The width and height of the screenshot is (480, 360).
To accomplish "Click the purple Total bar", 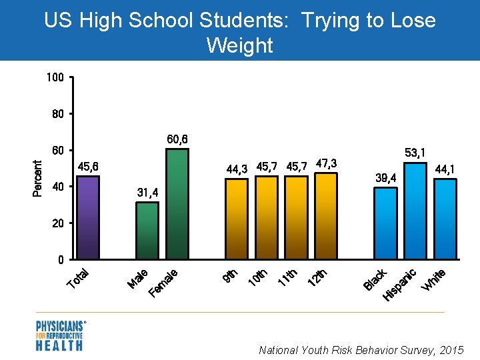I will point(89,217).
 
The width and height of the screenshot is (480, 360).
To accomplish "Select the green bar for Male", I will point(147,231).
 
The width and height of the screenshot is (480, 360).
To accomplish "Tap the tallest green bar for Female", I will point(177,204).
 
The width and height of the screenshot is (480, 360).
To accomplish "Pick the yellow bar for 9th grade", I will point(236,219).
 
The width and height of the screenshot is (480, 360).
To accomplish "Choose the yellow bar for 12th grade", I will point(325,216).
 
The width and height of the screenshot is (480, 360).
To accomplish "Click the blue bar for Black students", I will point(385,223).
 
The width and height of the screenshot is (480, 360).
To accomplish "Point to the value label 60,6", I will point(177,139).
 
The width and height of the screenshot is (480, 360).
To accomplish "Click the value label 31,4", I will point(147,193).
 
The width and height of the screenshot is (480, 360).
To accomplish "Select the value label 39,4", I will point(386,178).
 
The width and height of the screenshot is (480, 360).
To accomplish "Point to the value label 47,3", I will point(326,163).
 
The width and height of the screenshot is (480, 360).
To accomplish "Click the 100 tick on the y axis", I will point(55,78).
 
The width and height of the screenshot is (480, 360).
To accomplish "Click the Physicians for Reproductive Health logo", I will point(60,335).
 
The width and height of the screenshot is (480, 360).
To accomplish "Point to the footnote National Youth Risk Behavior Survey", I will point(361,349).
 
